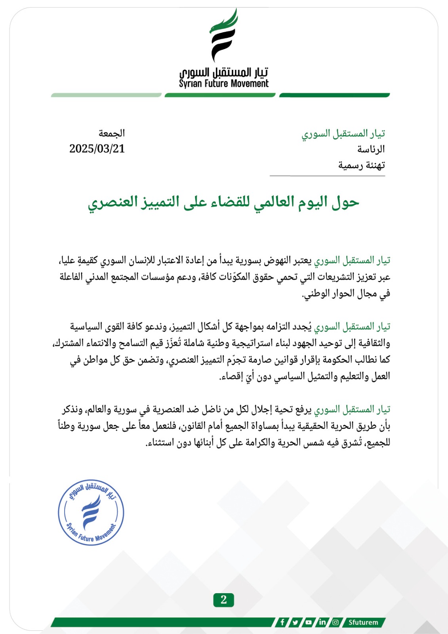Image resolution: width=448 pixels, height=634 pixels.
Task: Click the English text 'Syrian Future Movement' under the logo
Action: point(223,84)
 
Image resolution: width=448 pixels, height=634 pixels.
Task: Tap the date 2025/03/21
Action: point(97,149)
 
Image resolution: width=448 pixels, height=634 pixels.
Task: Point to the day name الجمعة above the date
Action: point(112,133)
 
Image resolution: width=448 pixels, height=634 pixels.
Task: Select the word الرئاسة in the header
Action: point(371,149)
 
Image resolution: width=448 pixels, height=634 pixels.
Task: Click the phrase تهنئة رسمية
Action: point(361,165)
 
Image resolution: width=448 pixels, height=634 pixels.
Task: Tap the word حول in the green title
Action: point(345,202)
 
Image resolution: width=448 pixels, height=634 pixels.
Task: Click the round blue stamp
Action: point(91,512)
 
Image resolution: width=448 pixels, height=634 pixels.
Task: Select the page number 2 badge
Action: point(223,600)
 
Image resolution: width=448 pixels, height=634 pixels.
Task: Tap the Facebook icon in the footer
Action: point(282,622)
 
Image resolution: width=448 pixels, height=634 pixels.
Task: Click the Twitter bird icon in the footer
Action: point(295,622)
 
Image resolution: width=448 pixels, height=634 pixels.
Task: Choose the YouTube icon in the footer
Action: point(308,622)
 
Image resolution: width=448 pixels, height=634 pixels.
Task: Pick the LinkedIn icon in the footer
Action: point(322,622)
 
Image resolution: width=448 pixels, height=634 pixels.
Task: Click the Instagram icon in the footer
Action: point(336,622)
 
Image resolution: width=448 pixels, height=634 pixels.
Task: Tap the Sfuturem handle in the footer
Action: point(363,622)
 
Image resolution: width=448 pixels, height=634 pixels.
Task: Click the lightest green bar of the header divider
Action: point(106,95)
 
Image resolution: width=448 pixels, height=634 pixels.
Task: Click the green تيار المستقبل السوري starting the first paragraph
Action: point(352,260)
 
